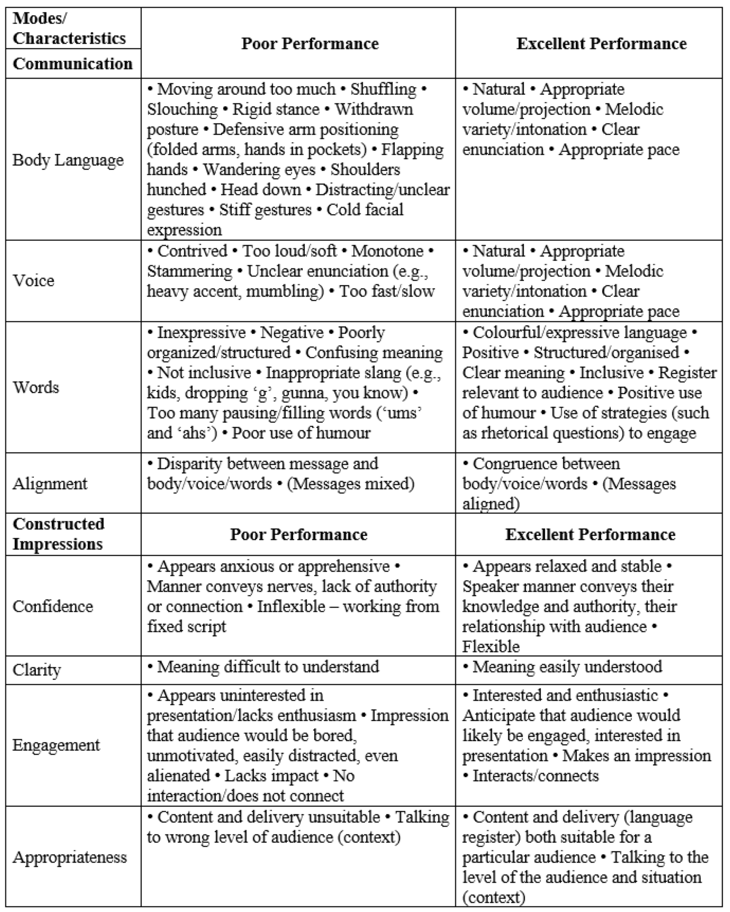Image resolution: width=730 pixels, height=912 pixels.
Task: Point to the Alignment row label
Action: click(x=50, y=484)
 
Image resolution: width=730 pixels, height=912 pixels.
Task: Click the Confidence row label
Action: click(x=53, y=606)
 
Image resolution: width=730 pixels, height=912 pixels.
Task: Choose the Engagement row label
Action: click(x=56, y=745)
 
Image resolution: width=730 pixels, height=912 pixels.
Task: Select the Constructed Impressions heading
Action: click(x=58, y=534)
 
